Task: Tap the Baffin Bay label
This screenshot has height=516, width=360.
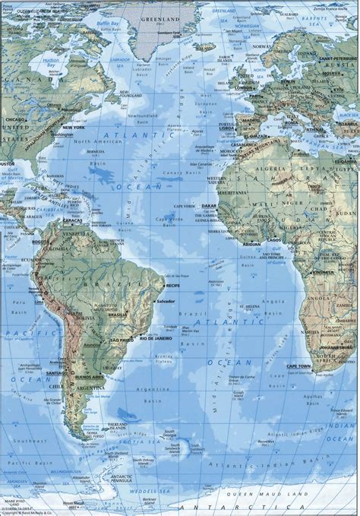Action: click(x=107, y=29)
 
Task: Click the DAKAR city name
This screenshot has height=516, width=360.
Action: click(x=210, y=205)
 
